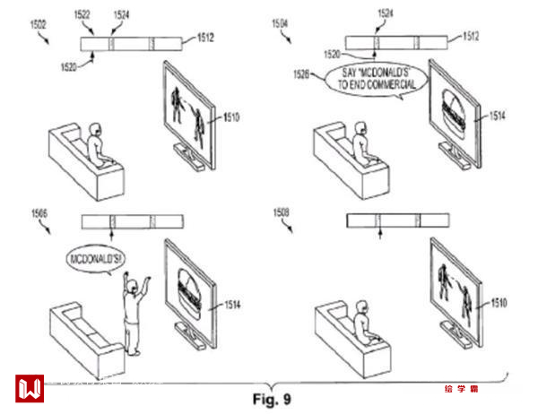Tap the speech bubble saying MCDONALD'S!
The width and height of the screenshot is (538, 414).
(x=94, y=260)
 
